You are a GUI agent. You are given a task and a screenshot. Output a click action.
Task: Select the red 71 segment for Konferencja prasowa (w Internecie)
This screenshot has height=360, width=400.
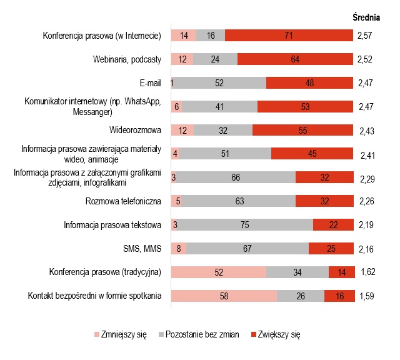tap(288, 36)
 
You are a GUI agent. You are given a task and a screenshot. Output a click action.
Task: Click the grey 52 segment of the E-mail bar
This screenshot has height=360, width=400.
tap(220, 83)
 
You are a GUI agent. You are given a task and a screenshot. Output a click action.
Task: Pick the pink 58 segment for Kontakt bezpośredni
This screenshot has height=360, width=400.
tap(224, 296)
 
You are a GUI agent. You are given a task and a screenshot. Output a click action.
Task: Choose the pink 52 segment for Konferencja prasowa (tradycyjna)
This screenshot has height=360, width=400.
tap(219, 272)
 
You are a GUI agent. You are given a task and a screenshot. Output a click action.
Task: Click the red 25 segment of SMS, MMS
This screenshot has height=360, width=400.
tap(331, 249)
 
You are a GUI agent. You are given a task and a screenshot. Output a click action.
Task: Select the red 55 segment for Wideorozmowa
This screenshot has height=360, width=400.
tap(302, 131)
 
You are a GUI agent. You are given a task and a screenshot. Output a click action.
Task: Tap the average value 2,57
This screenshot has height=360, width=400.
tap(366, 36)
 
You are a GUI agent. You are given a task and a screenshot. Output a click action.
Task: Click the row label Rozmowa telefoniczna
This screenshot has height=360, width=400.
tap(124, 202)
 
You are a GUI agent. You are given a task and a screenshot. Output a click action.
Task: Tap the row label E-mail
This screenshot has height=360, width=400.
tap(151, 83)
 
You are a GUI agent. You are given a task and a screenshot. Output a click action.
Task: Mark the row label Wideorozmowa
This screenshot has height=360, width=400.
tap(136, 131)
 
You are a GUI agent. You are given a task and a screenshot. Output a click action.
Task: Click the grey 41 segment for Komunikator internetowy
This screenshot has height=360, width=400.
tap(220, 107)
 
